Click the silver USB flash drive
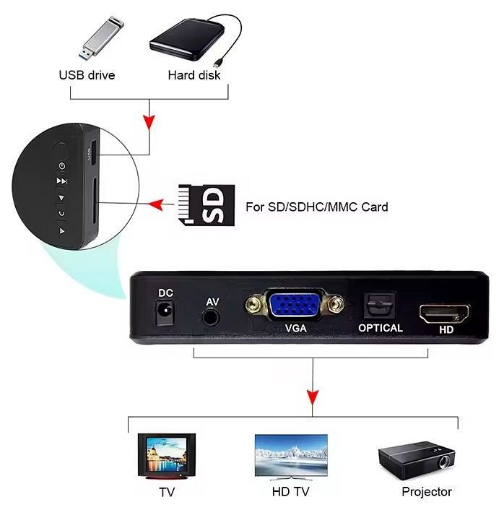click(101, 38)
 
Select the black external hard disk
click(187, 40)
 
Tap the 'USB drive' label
click(87, 75)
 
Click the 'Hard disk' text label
click(194, 75)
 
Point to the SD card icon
click(207, 205)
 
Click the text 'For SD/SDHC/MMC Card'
click(317, 207)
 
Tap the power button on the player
click(62, 165)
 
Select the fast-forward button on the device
click(61, 181)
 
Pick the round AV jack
click(210, 317)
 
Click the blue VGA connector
click(295, 305)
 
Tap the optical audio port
click(379, 306)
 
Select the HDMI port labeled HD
click(444, 313)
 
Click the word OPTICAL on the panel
click(381, 328)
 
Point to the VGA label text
click(295, 328)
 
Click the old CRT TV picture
click(167, 456)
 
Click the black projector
click(417, 461)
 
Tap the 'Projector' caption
click(427, 492)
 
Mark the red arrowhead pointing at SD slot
click(156, 204)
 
